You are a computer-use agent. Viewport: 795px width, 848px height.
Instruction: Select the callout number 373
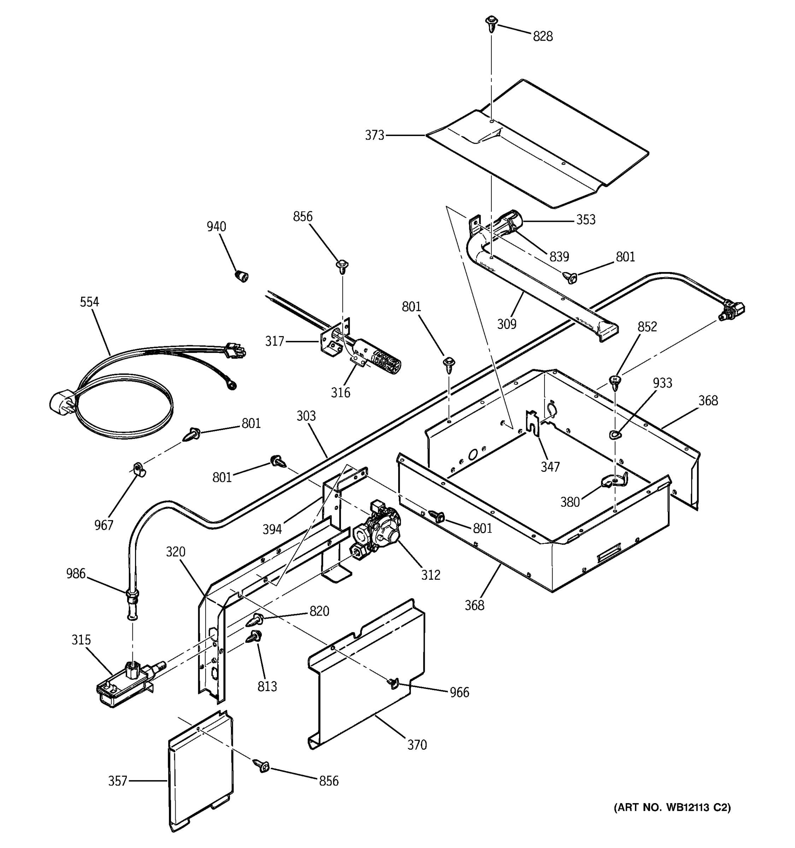(375, 136)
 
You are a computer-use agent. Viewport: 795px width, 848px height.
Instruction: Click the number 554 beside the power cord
(89, 302)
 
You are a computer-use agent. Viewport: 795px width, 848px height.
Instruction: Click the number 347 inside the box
(550, 467)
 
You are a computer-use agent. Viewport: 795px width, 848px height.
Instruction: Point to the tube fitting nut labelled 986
(131, 594)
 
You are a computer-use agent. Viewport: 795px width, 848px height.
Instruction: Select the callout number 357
(117, 781)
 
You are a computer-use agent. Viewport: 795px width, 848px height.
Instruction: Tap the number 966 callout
(459, 692)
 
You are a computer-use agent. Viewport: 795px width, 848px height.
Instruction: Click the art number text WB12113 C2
(672, 807)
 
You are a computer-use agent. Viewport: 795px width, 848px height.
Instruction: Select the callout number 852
(647, 327)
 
